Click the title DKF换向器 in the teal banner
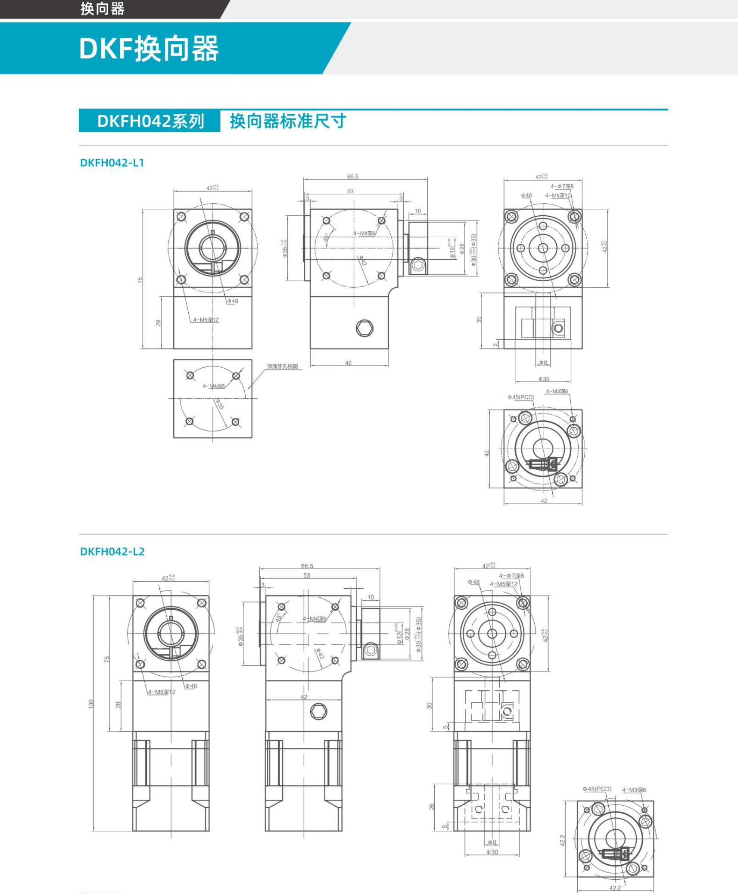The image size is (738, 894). click(x=149, y=49)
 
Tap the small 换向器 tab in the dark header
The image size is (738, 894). click(x=103, y=9)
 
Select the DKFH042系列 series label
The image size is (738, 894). click(x=150, y=121)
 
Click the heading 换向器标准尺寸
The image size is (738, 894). click(x=288, y=121)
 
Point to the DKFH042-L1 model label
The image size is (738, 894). click(x=112, y=163)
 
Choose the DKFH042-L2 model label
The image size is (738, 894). click(x=112, y=552)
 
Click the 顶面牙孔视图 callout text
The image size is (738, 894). click(x=282, y=366)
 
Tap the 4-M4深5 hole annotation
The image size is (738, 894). click(x=214, y=386)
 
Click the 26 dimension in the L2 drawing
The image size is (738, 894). click(x=432, y=807)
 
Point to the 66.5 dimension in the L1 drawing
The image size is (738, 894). click(x=352, y=177)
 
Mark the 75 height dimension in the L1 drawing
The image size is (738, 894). click(x=140, y=279)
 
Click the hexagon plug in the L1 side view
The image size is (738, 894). click(x=364, y=328)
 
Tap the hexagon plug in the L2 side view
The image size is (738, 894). click(x=318, y=711)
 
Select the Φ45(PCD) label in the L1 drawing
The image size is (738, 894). click(x=521, y=397)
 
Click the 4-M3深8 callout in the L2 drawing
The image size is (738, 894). click(x=634, y=790)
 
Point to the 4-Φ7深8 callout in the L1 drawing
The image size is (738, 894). click(x=562, y=186)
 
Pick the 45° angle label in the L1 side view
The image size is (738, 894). click(x=326, y=237)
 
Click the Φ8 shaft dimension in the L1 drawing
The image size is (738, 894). click(x=543, y=363)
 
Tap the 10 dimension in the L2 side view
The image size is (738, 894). click(x=371, y=597)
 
